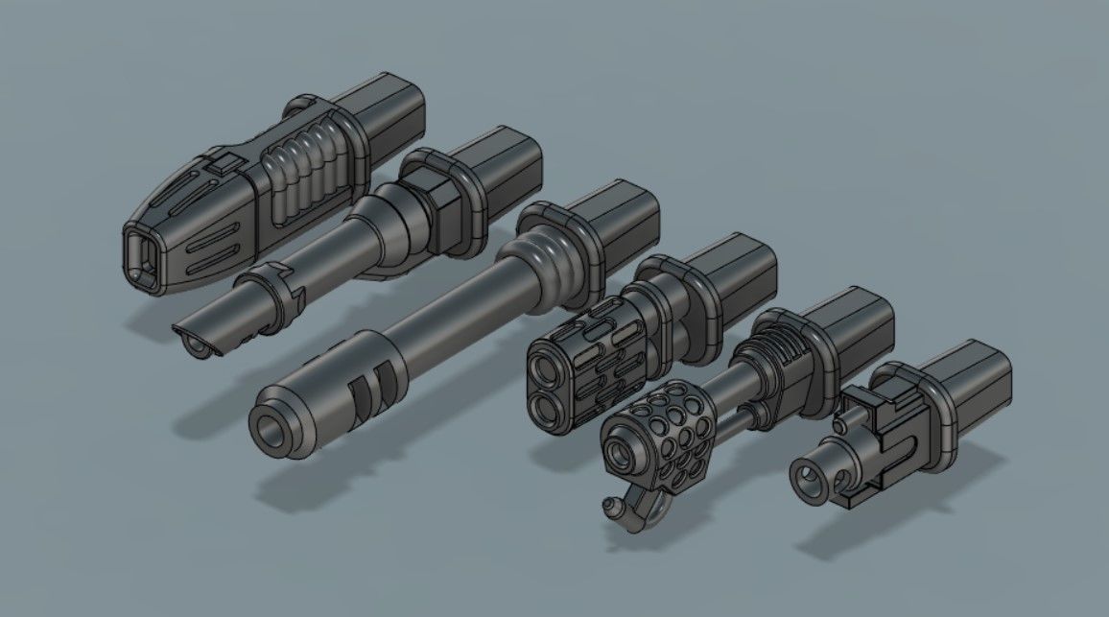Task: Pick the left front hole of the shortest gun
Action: point(808,473)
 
